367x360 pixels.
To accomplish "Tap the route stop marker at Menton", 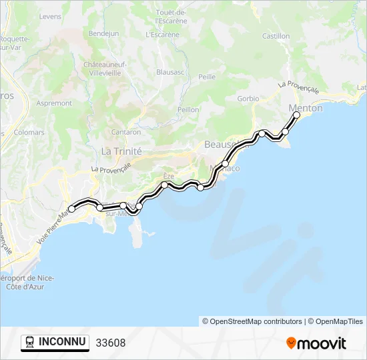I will click(x=297, y=115).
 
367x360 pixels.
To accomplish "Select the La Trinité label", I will click(x=121, y=151).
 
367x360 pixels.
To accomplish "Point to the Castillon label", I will click(x=276, y=36).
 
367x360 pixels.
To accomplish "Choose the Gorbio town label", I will click(x=248, y=99).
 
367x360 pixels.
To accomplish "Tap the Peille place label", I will click(x=207, y=77).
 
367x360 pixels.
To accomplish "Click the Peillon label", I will click(x=188, y=109).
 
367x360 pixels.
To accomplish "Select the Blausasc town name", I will click(x=170, y=71).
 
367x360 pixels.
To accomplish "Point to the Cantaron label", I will click(x=125, y=132).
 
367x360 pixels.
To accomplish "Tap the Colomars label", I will click(x=29, y=132).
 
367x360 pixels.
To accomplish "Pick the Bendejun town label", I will click(x=103, y=33).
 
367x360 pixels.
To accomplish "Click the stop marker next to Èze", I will click(x=164, y=185).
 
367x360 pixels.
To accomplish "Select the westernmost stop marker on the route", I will click(x=71, y=209).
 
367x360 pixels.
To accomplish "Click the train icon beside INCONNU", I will click(x=30, y=343).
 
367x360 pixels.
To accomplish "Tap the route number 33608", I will click(x=110, y=343).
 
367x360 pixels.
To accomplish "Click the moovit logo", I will click(x=316, y=343).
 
